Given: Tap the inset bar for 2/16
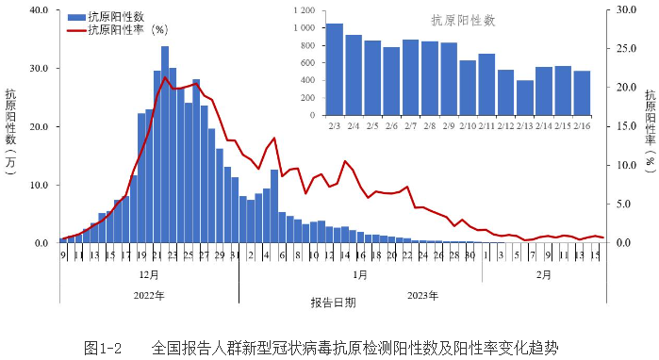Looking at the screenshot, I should (582, 91).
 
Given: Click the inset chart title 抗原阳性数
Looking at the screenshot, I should (463, 20).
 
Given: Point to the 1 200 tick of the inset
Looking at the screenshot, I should (304, 10).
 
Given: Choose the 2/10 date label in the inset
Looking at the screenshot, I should (467, 124).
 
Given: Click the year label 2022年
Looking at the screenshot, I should (148, 295).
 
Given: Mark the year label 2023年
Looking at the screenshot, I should (421, 295).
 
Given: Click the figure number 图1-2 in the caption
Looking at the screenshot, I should (104, 348).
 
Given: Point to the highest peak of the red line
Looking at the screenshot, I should (166, 77).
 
